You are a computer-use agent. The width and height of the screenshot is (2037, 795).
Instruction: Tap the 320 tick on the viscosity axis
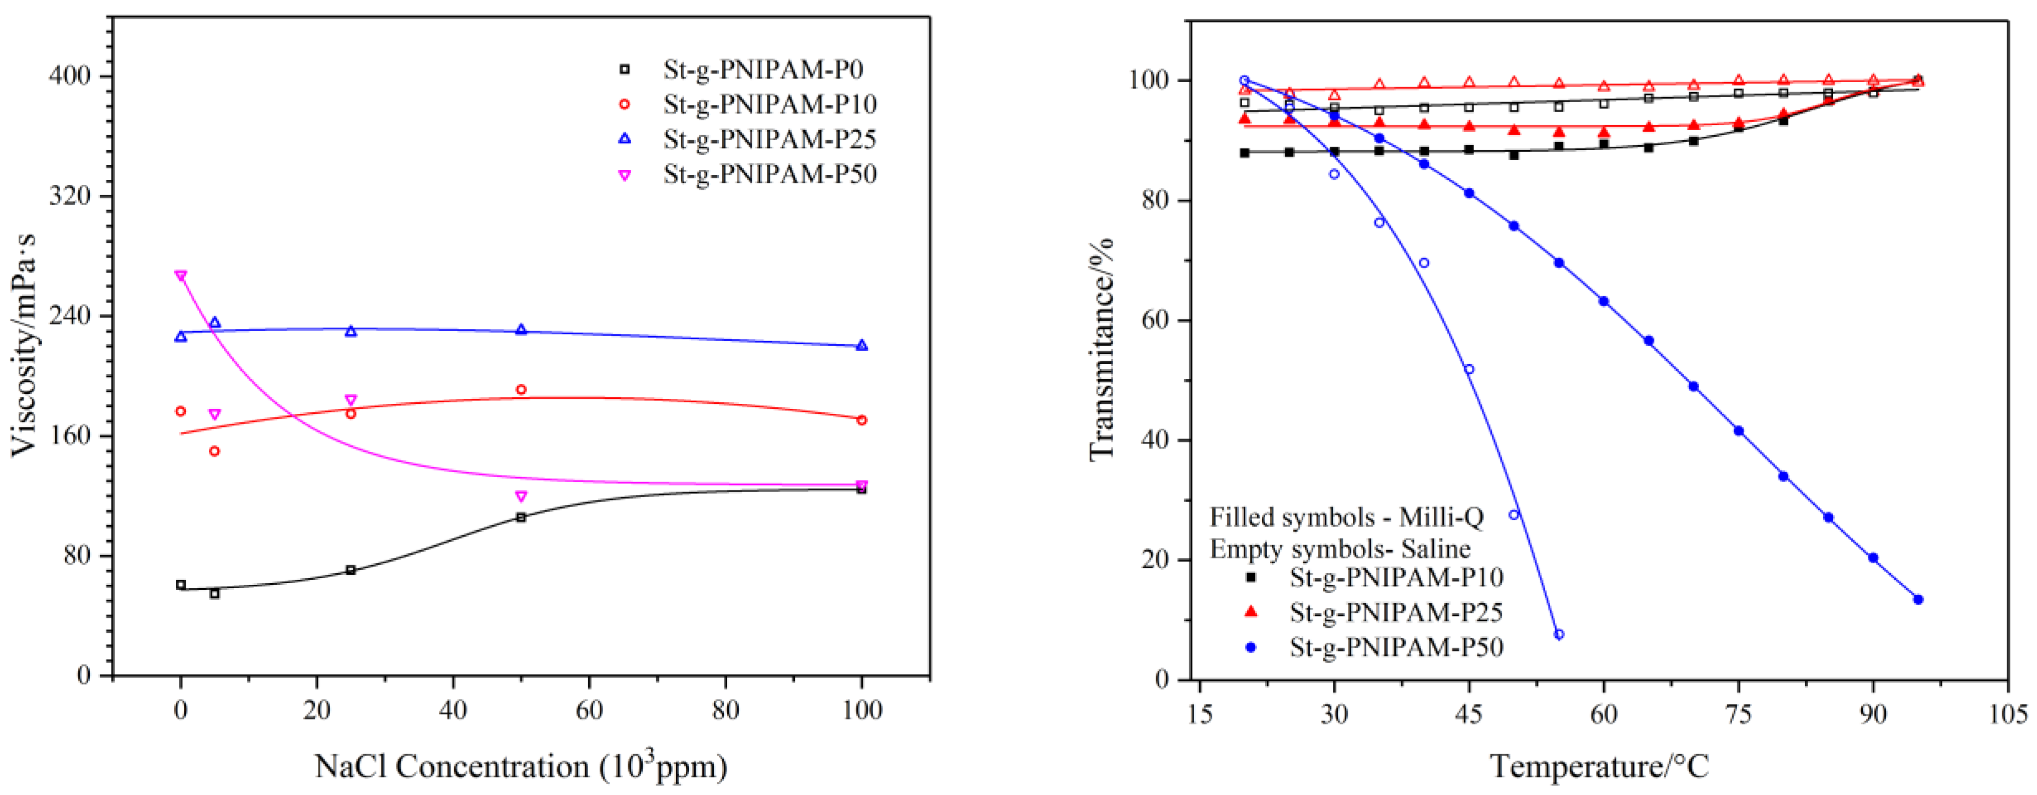coord(69,196)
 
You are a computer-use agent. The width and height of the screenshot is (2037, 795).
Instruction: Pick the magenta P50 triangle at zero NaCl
coord(181,276)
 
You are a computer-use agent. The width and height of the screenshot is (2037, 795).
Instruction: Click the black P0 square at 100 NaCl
coord(862,489)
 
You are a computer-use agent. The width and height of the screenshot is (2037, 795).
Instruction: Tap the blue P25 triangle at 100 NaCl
coord(862,346)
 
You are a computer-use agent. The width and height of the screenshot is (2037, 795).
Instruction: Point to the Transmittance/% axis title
coord(1101,348)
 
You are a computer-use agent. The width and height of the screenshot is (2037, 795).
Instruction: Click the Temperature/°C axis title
coord(1599,766)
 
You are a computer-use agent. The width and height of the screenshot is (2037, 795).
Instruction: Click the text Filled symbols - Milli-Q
coord(1346,517)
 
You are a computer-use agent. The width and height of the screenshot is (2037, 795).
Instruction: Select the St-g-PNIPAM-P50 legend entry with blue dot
coord(1396,647)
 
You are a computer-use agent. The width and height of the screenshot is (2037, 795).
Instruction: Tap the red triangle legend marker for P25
coord(1250,611)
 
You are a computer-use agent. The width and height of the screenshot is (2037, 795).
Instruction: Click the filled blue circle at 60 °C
coord(1604,301)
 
